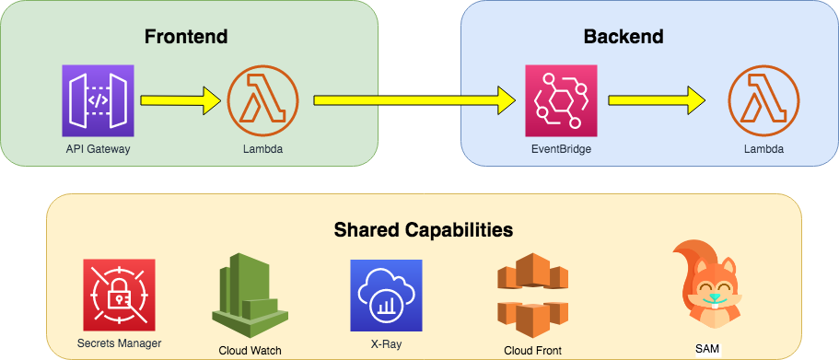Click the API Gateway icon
(x=99, y=100)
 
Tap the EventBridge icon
(x=560, y=100)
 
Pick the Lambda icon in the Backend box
(x=763, y=100)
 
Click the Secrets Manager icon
(x=119, y=295)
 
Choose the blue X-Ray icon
(x=386, y=295)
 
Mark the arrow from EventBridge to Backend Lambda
(x=658, y=100)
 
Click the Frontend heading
(x=186, y=37)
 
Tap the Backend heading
(x=623, y=37)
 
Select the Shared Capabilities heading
(x=423, y=228)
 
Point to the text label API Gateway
(x=99, y=148)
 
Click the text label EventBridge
(x=560, y=148)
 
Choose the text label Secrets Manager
(x=119, y=345)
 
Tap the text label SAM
(x=707, y=348)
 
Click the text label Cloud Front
(x=532, y=350)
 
